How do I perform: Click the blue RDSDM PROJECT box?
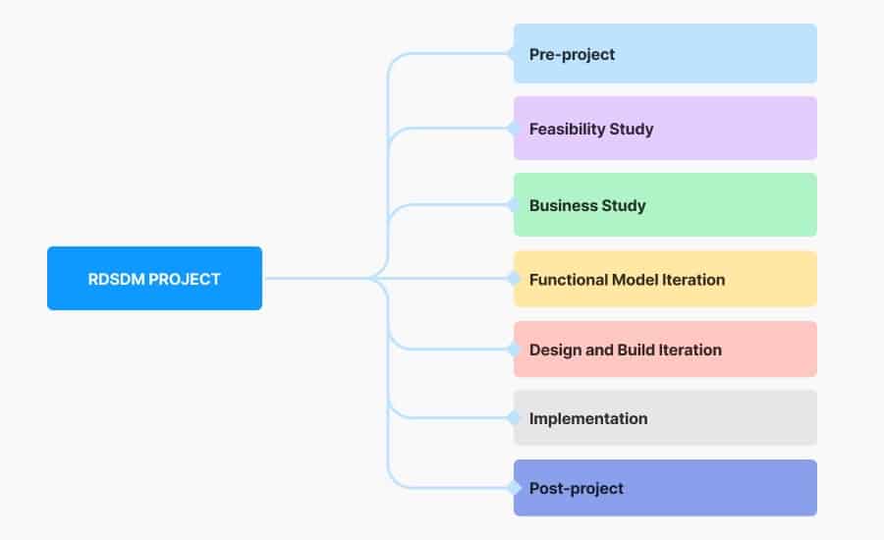[x=154, y=278]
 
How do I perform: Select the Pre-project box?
[x=665, y=54]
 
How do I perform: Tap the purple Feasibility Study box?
[x=665, y=129]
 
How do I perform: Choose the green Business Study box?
[x=665, y=205]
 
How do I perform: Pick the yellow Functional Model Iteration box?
[x=665, y=279]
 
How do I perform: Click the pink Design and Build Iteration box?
[x=665, y=350]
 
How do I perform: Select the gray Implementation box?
[x=665, y=418]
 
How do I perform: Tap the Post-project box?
[x=665, y=488]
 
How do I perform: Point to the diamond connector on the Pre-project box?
[x=513, y=54]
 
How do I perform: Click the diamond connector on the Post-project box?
[x=513, y=488]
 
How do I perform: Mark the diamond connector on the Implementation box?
[x=513, y=418]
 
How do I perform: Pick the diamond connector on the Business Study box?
[x=513, y=205]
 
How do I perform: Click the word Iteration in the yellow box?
[x=692, y=280]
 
